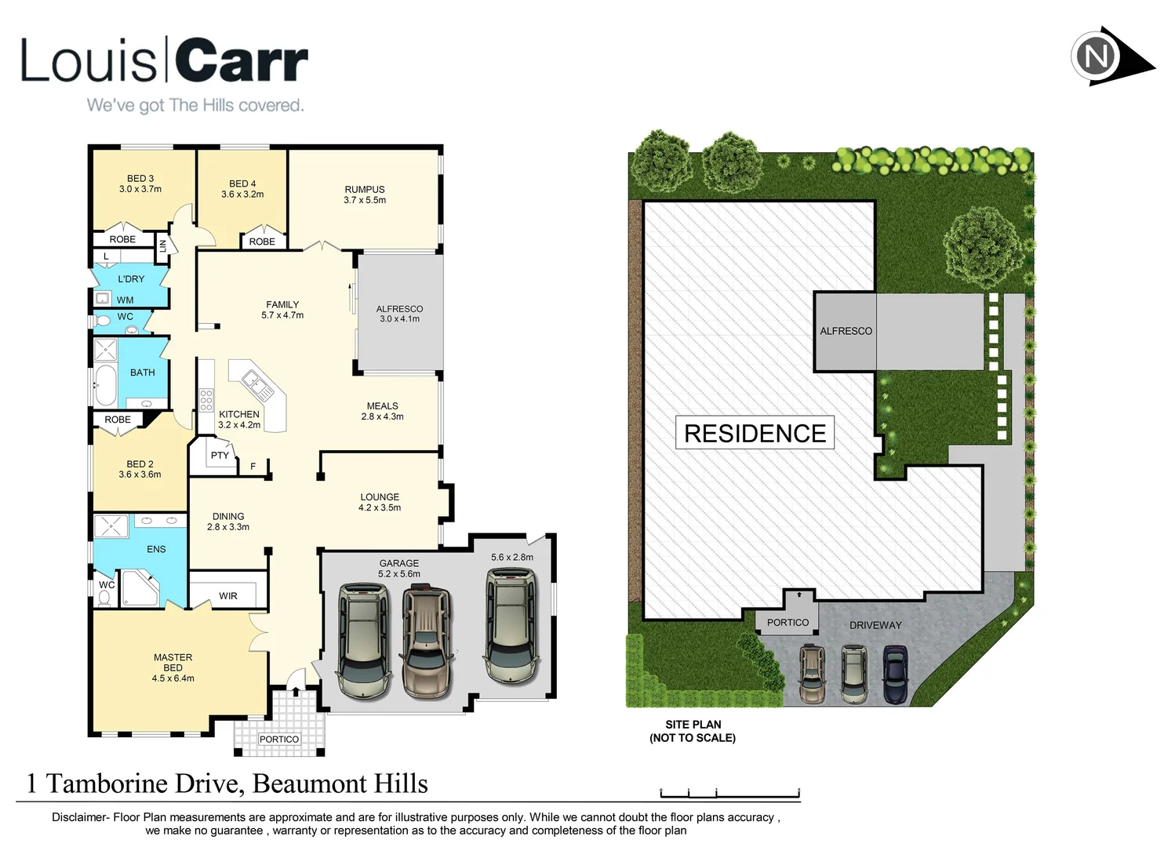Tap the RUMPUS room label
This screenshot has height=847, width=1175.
365,189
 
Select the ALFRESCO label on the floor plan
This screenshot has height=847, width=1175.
399,309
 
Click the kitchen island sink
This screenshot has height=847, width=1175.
256,384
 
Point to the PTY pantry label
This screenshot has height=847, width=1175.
220,455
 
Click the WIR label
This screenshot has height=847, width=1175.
228,596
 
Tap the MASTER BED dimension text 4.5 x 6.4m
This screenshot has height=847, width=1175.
173,678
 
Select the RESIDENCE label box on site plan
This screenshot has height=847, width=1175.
755,433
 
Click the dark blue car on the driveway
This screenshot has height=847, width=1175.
895,674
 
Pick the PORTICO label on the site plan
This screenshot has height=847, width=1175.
788,623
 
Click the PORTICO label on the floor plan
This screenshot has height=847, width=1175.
279,740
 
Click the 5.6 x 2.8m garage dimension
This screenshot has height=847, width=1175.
512,558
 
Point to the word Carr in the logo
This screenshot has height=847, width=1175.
241,60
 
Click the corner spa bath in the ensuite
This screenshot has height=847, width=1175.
140,589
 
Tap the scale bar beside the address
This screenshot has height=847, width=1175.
729,793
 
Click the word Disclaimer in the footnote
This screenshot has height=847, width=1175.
79,817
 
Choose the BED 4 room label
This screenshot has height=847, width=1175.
242,184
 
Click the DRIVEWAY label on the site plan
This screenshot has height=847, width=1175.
875,625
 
